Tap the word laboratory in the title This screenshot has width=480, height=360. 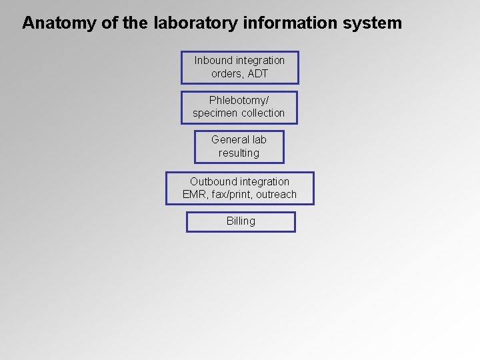pos(194,23)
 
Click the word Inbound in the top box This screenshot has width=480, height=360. pos(213,60)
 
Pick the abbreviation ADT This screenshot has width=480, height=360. pos(257,73)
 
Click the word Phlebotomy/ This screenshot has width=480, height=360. pos(239,100)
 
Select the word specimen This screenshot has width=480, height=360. pos(215,113)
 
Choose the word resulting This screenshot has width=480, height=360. pos(239,153)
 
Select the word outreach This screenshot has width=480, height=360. pos(276,195)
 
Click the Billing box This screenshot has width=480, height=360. pos(241,221)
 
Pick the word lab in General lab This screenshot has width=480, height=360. pos(259,139)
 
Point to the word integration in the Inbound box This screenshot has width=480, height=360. pos(261,60)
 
